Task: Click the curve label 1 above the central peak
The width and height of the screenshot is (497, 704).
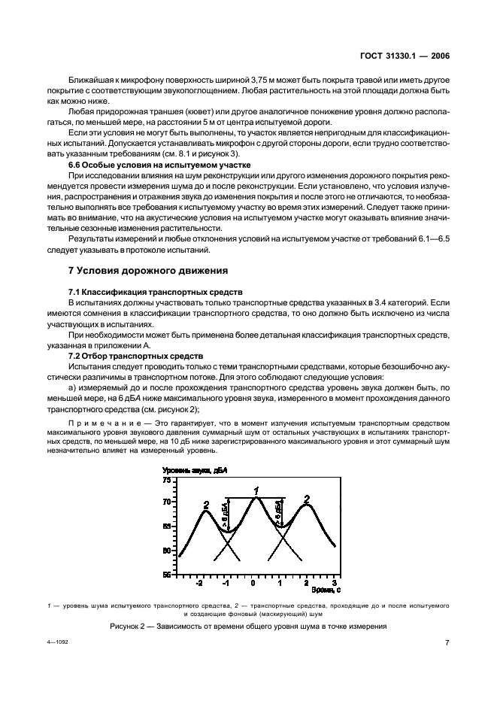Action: (x=256, y=491)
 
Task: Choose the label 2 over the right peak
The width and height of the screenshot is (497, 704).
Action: (x=307, y=499)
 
